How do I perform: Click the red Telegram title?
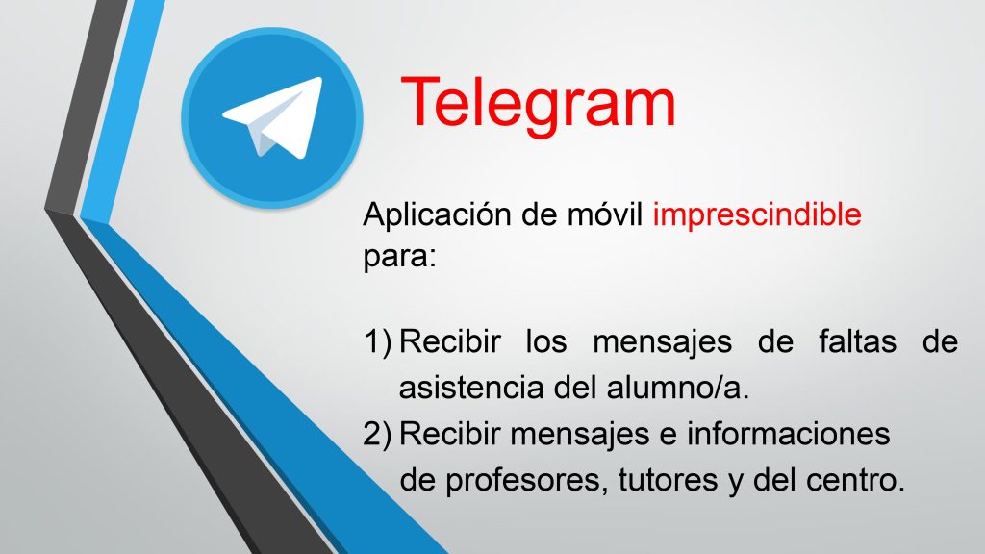538,104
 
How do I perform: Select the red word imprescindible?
757,214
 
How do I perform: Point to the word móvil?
605,214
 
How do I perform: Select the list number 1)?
378,342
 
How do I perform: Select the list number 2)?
377,434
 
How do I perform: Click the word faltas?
857,342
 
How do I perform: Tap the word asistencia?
471,388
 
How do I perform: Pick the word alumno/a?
678,388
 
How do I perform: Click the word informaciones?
789,434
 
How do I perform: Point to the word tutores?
669,481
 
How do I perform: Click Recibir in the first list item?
450,342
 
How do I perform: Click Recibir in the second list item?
450,434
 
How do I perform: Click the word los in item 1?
546,342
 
